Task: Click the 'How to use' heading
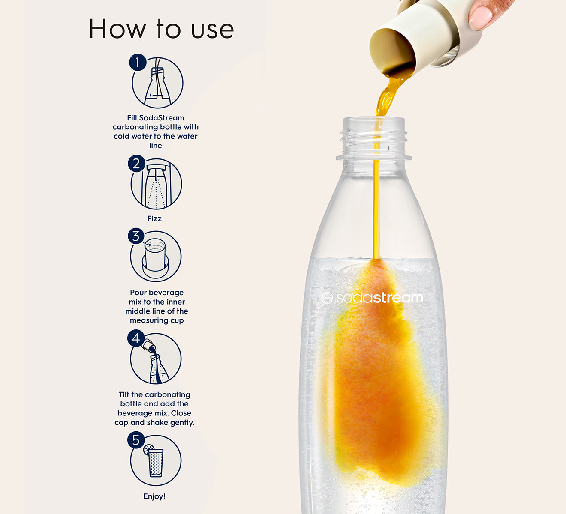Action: click(161, 29)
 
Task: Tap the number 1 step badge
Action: click(138, 62)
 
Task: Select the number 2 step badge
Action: click(136, 164)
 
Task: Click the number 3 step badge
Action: click(136, 236)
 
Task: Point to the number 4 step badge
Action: click(136, 338)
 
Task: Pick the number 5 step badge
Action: click(136, 440)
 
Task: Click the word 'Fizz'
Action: click(154, 218)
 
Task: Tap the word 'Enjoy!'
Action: click(154, 496)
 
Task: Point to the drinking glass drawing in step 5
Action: click(156, 463)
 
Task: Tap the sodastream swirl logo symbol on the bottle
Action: click(327, 298)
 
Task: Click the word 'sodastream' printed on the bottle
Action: click(379, 298)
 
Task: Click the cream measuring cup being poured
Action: click(418, 37)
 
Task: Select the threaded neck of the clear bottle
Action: click(374, 138)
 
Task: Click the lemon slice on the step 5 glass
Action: click(148, 449)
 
